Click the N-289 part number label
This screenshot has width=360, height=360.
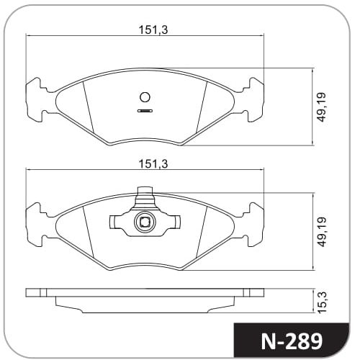tap(292, 341)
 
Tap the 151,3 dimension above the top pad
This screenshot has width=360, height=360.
tap(153, 30)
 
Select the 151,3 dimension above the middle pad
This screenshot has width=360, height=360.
tap(153, 164)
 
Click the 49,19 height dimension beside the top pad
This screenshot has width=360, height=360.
tap(322, 107)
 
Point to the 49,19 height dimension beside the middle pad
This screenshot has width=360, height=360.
tap(322, 232)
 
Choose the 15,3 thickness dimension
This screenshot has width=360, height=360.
tap(323, 302)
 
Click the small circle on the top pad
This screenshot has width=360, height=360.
tap(145, 97)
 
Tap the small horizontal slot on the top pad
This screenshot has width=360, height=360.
tap(145, 111)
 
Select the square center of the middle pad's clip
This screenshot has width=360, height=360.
tap(145, 222)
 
